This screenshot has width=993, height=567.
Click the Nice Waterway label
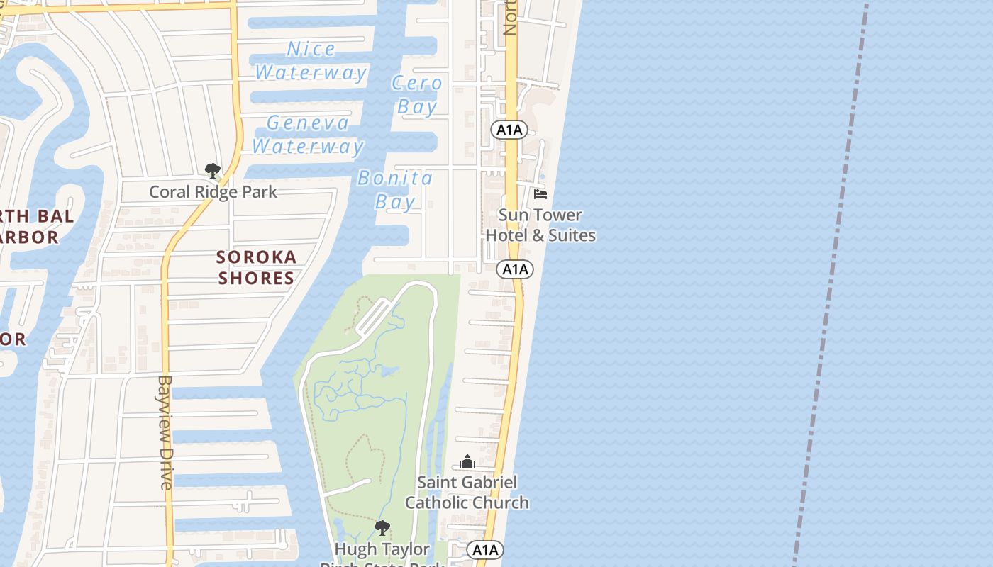(x=311, y=60)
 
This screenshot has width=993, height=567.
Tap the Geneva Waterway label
(x=308, y=135)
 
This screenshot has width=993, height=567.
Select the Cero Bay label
(x=416, y=95)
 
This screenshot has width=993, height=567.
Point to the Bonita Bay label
(x=395, y=189)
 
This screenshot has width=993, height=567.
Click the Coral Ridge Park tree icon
(x=212, y=170)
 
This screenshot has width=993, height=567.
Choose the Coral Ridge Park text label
(x=213, y=192)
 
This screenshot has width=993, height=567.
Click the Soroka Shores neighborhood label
(x=256, y=267)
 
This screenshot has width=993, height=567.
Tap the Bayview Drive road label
(x=165, y=432)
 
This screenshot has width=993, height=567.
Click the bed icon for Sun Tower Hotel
(x=540, y=193)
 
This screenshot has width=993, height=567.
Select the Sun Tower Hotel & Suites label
(x=540, y=225)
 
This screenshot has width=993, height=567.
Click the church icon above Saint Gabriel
(x=467, y=462)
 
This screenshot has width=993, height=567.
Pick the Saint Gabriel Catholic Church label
(x=467, y=493)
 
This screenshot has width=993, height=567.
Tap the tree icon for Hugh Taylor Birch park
(x=382, y=528)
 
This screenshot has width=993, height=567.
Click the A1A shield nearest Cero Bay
(x=509, y=130)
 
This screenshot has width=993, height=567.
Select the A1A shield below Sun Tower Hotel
(x=515, y=269)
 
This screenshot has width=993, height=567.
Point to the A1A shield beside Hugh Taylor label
(x=485, y=550)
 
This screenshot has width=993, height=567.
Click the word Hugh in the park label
(x=352, y=550)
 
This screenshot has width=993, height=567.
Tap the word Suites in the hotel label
(x=572, y=235)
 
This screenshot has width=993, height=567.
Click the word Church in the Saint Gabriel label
(x=500, y=503)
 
